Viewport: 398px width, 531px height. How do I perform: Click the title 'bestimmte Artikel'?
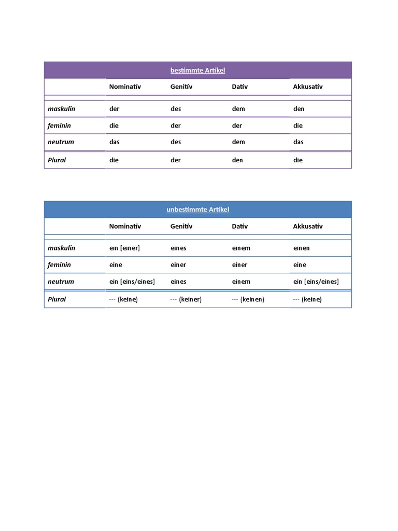pos(197,70)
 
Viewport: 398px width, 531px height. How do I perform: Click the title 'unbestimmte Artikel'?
pos(197,209)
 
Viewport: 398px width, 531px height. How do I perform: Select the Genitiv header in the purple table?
pos(181,87)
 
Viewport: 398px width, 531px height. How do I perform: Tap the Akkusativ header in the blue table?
pos(308,226)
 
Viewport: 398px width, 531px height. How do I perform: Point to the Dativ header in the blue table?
pos(240,226)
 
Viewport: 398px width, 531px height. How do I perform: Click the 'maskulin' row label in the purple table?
pos(61,109)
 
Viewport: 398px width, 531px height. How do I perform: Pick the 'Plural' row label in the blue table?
pos(57,299)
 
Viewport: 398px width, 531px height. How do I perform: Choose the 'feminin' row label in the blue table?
pos(60,264)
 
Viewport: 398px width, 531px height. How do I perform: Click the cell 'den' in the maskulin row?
pos(299,109)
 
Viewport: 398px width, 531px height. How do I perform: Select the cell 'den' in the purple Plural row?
pos(237,160)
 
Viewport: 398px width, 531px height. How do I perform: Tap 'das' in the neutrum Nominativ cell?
pos(114,142)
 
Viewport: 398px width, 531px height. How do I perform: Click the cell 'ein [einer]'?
pos(124,248)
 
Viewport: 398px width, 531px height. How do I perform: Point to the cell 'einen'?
pos(302,248)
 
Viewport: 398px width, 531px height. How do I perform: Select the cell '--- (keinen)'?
pos(248,299)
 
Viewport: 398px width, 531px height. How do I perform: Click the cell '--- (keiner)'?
pos(186,299)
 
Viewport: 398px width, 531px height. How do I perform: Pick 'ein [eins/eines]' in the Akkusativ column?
pos(316,282)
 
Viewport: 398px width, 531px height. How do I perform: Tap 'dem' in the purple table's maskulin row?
pos(238,109)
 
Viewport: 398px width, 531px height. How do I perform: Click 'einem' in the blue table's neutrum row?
pos(241,282)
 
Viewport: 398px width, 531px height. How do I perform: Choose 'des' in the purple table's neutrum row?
pos(176,142)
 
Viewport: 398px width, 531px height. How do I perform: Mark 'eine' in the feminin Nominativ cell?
pos(116,264)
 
